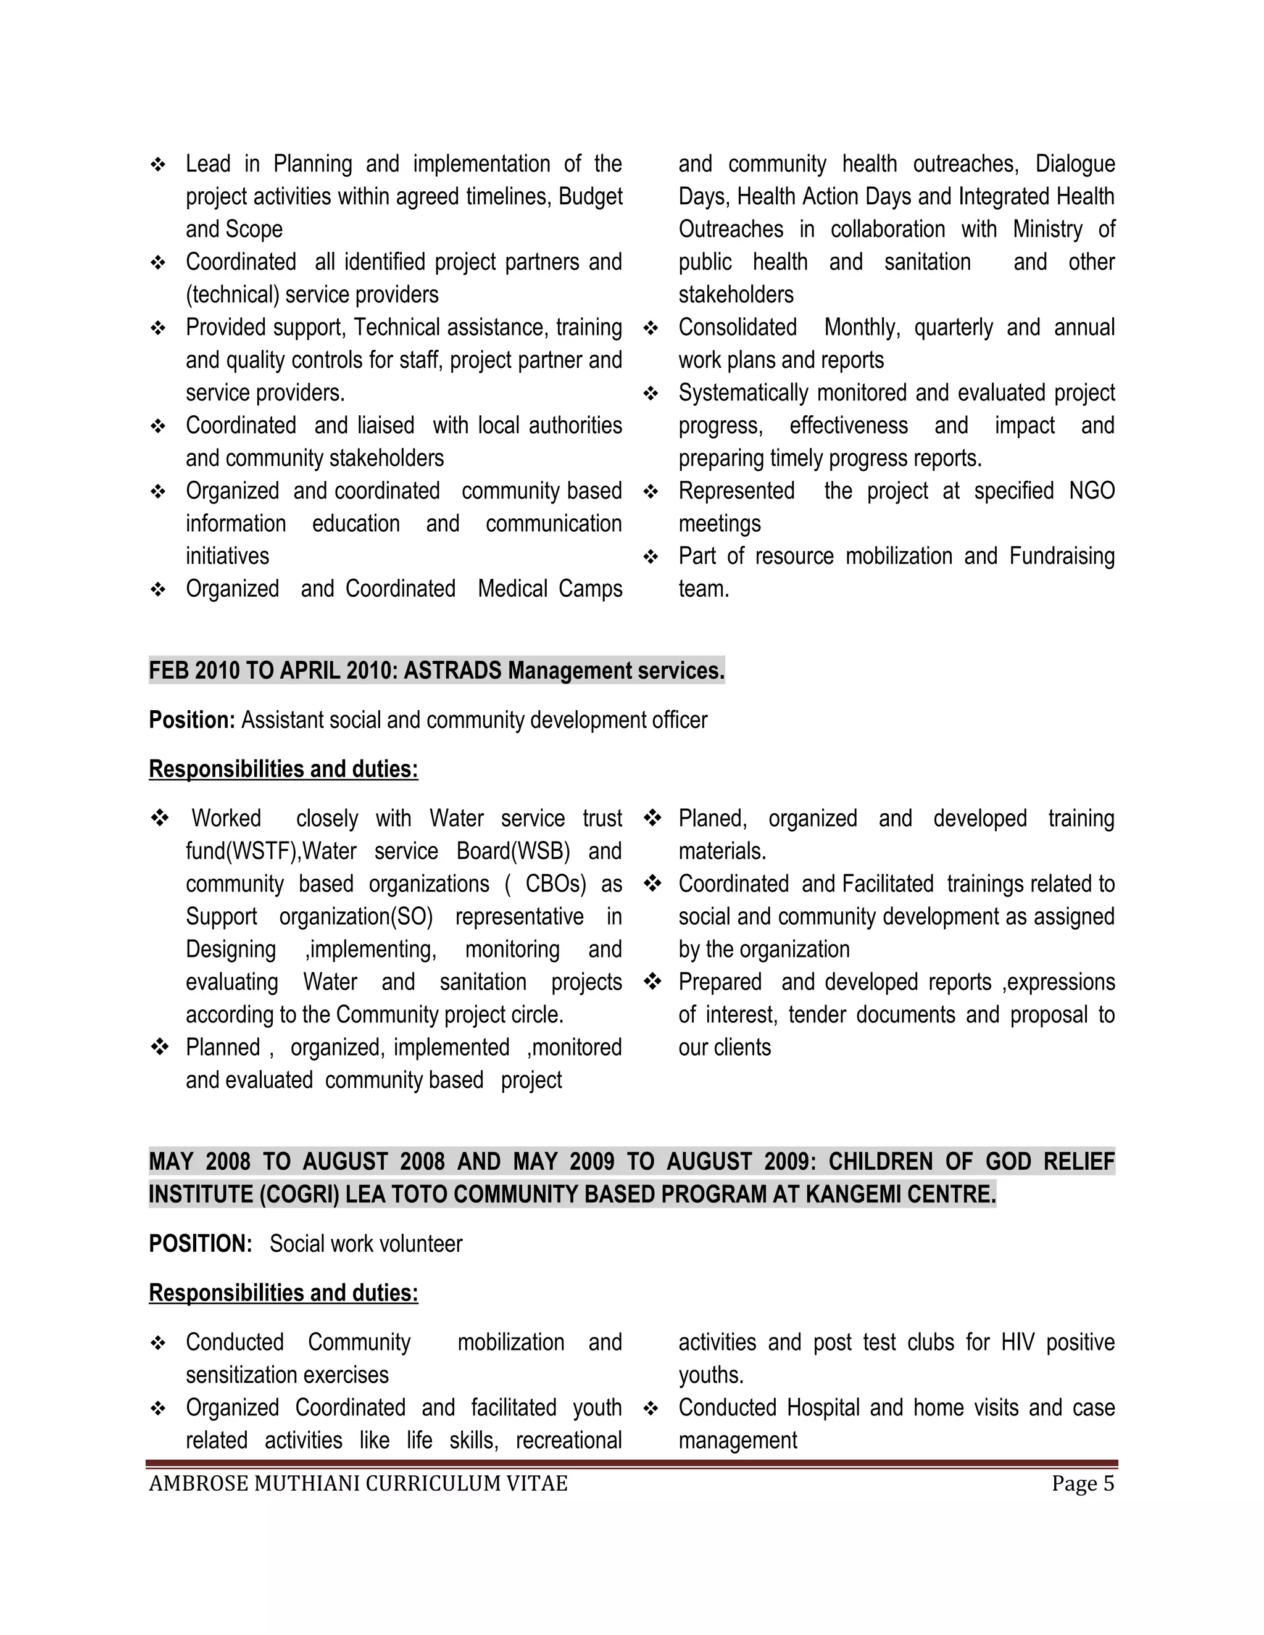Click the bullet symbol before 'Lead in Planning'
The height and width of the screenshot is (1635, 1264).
point(158,165)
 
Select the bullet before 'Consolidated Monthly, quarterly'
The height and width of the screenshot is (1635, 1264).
point(651,328)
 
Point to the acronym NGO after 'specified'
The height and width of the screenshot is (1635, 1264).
point(1092,491)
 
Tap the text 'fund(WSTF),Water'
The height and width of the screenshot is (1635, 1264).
point(270,851)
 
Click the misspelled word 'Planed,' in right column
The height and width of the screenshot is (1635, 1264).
point(712,819)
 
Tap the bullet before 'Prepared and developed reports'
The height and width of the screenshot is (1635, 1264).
point(652,982)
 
